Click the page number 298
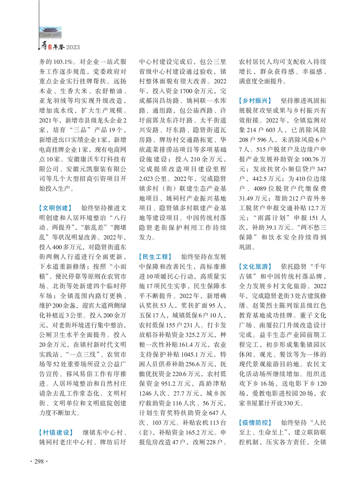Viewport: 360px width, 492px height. click(x=38, y=461)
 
